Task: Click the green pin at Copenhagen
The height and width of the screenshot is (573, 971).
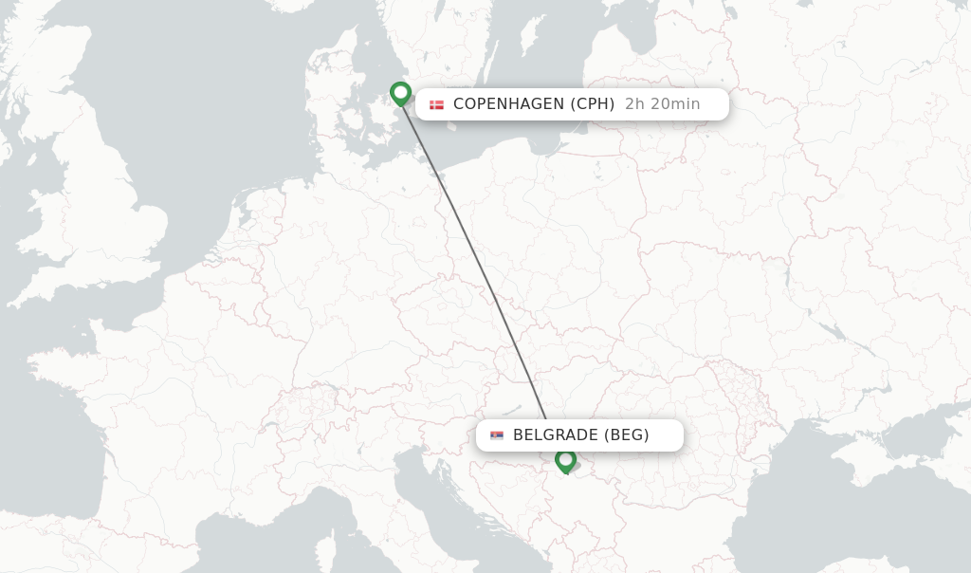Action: tap(400, 92)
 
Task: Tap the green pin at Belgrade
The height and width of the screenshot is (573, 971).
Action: tap(566, 460)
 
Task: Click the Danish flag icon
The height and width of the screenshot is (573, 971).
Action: tap(436, 104)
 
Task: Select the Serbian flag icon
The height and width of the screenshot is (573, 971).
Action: tap(497, 435)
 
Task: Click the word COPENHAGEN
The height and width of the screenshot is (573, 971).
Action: tap(507, 104)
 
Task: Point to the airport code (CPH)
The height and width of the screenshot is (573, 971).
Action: tap(593, 104)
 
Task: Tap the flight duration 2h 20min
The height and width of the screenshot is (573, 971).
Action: tap(662, 104)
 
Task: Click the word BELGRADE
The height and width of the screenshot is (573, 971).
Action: tap(555, 435)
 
